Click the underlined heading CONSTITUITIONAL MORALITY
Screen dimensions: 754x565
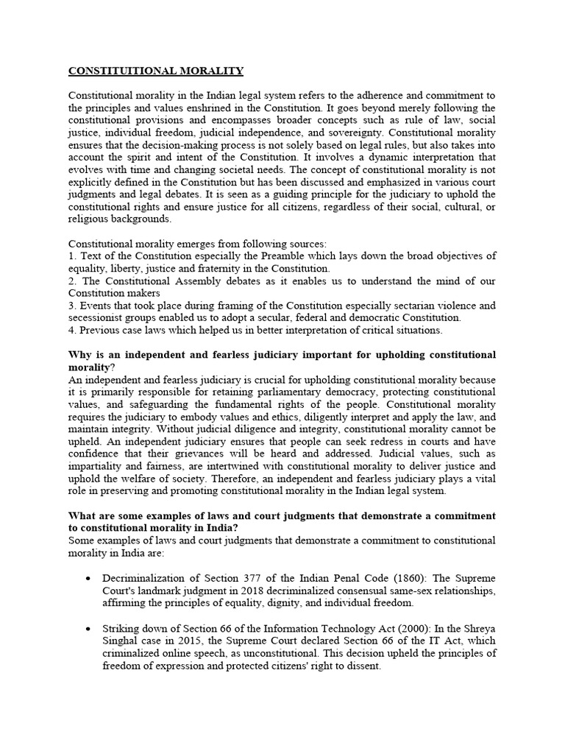156,71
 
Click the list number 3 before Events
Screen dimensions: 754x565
71,306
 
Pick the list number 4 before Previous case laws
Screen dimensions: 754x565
71,330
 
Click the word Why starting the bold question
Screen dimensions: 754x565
80,355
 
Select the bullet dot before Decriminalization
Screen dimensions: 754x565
88,579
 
